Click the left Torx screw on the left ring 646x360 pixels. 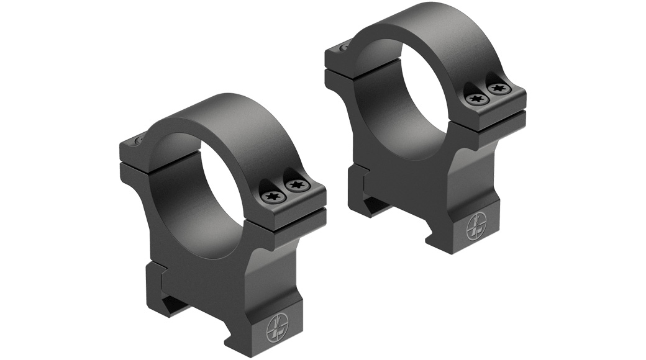coord(271,197)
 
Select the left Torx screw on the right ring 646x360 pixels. coord(476,98)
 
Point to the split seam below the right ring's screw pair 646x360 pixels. coord(497,115)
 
